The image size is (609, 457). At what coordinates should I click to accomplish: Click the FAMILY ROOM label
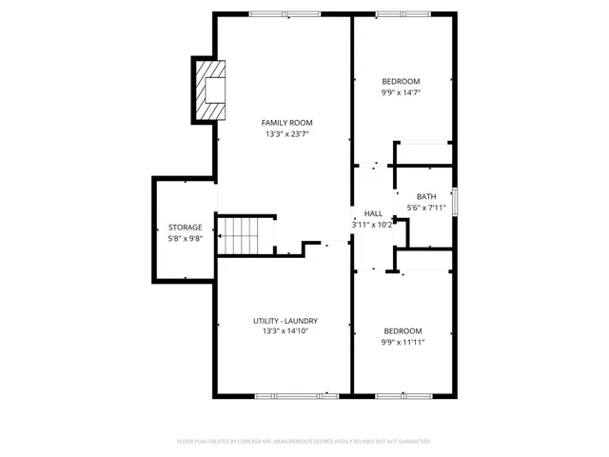(x=286, y=123)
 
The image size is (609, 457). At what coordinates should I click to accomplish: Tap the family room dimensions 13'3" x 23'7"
(x=286, y=134)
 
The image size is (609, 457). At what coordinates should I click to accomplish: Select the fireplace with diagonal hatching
(x=211, y=90)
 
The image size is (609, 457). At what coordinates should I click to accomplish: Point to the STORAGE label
(x=185, y=228)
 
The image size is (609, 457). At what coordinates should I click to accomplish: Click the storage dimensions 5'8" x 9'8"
(x=185, y=239)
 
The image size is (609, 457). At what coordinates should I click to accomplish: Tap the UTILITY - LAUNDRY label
(x=285, y=321)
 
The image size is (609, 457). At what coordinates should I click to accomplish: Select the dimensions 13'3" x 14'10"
(x=285, y=331)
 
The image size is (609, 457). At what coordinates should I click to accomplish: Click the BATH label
(x=425, y=197)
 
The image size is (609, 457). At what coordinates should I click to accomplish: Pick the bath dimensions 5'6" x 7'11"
(x=425, y=208)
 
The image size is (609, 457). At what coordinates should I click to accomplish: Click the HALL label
(x=373, y=214)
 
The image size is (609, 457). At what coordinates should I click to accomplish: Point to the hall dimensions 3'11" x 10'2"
(x=373, y=225)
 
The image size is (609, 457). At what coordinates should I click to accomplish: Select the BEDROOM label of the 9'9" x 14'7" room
(x=401, y=82)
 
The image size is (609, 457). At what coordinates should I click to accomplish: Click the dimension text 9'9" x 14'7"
(x=401, y=93)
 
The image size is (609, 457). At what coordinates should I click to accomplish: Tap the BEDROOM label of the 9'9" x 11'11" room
(x=402, y=331)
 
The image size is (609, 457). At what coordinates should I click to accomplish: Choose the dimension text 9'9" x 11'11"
(x=402, y=343)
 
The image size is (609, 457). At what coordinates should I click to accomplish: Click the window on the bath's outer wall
(x=455, y=202)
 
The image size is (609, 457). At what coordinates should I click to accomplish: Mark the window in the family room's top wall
(x=285, y=13)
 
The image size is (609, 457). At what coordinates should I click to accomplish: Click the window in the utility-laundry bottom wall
(x=296, y=395)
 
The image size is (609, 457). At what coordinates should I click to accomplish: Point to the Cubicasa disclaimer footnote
(x=304, y=442)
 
